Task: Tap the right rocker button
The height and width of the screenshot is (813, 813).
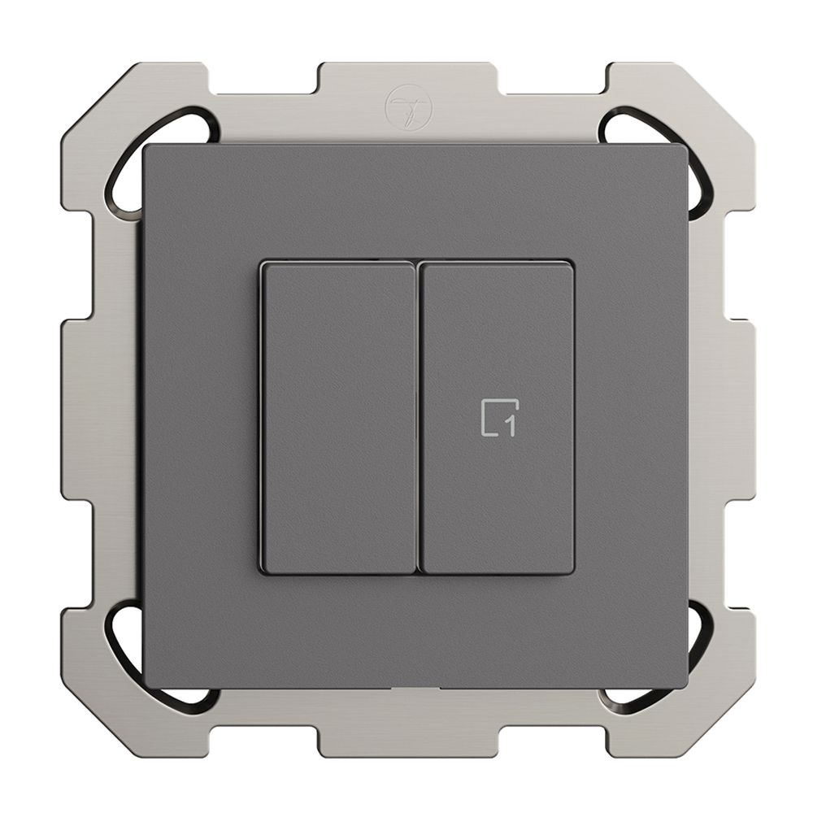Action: (496, 418)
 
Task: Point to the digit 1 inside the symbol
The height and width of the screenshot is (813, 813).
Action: (511, 425)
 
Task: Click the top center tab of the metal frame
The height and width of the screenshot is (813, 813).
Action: (408, 78)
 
